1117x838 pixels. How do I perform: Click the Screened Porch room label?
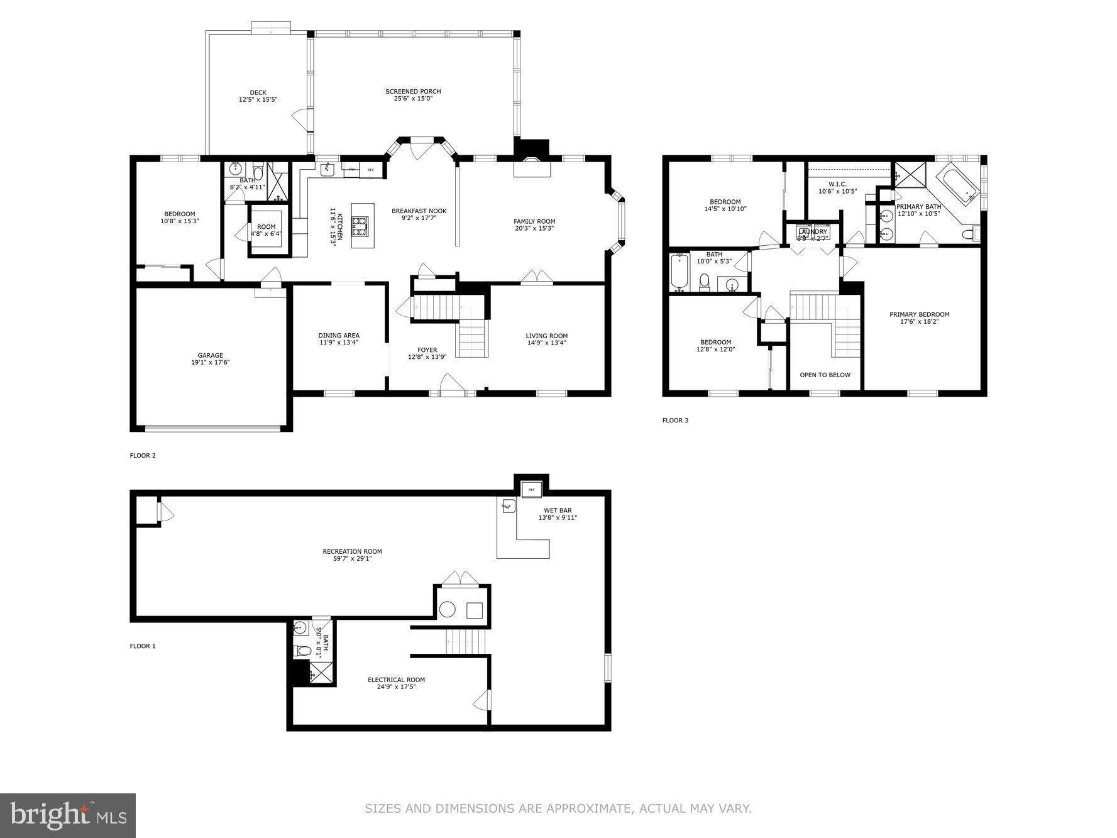[x=413, y=92]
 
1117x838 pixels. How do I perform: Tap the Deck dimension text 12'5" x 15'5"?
[x=258, y=100]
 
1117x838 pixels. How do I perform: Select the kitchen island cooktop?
[x=360, y=226]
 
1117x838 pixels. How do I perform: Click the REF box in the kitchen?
[x=371, y=170]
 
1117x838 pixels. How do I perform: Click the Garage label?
[x=210, y=355]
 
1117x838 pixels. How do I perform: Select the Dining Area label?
[x=339, y=336]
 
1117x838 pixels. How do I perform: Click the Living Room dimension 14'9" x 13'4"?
[x=546, y=343]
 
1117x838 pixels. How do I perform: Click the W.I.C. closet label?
[x=837, y=184]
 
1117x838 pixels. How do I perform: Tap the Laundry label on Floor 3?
[x=813, y=232]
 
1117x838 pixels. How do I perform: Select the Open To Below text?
[x=825, y=375]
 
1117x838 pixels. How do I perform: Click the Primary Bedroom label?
[x=919, y=314]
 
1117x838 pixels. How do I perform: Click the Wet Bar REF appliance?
[x=531, y=489]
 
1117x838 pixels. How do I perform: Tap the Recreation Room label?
[x=352, y=551]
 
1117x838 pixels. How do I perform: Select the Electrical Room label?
[x=396, y=680]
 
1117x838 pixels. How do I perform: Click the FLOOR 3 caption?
[x=675, y=420]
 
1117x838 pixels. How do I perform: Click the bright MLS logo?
[x=68, y=815]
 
